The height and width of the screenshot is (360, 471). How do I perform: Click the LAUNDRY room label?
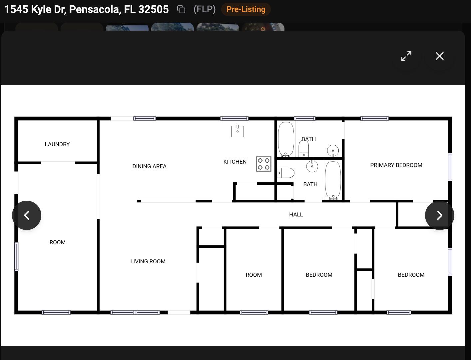[x=57, y=144]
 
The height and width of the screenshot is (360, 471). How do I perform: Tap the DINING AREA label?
[x=149, y=166]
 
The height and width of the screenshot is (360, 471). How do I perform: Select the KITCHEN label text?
[x=235, y=162]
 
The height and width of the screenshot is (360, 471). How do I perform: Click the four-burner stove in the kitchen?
[x=263, y=164]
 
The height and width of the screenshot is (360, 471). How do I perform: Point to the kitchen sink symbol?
[x=237, y=131]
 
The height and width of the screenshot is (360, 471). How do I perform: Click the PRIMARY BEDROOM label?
[x=396, y=165]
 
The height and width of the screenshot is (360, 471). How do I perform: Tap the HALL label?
[x=296, y=214]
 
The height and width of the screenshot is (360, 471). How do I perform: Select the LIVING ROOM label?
[x=148, y=261]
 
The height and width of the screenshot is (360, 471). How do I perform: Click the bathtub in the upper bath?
[x=286, y=139]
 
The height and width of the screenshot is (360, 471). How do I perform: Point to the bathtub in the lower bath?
[x=333, y=180]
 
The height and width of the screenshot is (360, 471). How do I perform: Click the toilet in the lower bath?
[x=285, y=173]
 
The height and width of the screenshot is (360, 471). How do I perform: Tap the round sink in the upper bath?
[x=333, y=151]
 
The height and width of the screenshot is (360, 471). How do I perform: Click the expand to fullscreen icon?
[x=406, y=56]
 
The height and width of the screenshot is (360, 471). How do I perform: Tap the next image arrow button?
[x=439, y=215]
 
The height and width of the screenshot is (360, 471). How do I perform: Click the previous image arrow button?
[x=27, y=215]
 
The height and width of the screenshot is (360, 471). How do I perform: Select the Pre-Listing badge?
[x=246, y=9]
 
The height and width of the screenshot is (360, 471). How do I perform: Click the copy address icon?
[x=181, y=9]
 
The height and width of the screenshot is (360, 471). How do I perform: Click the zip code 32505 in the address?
[x=154, y=9]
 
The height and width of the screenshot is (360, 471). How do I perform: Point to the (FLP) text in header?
[x=205, y=9]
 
